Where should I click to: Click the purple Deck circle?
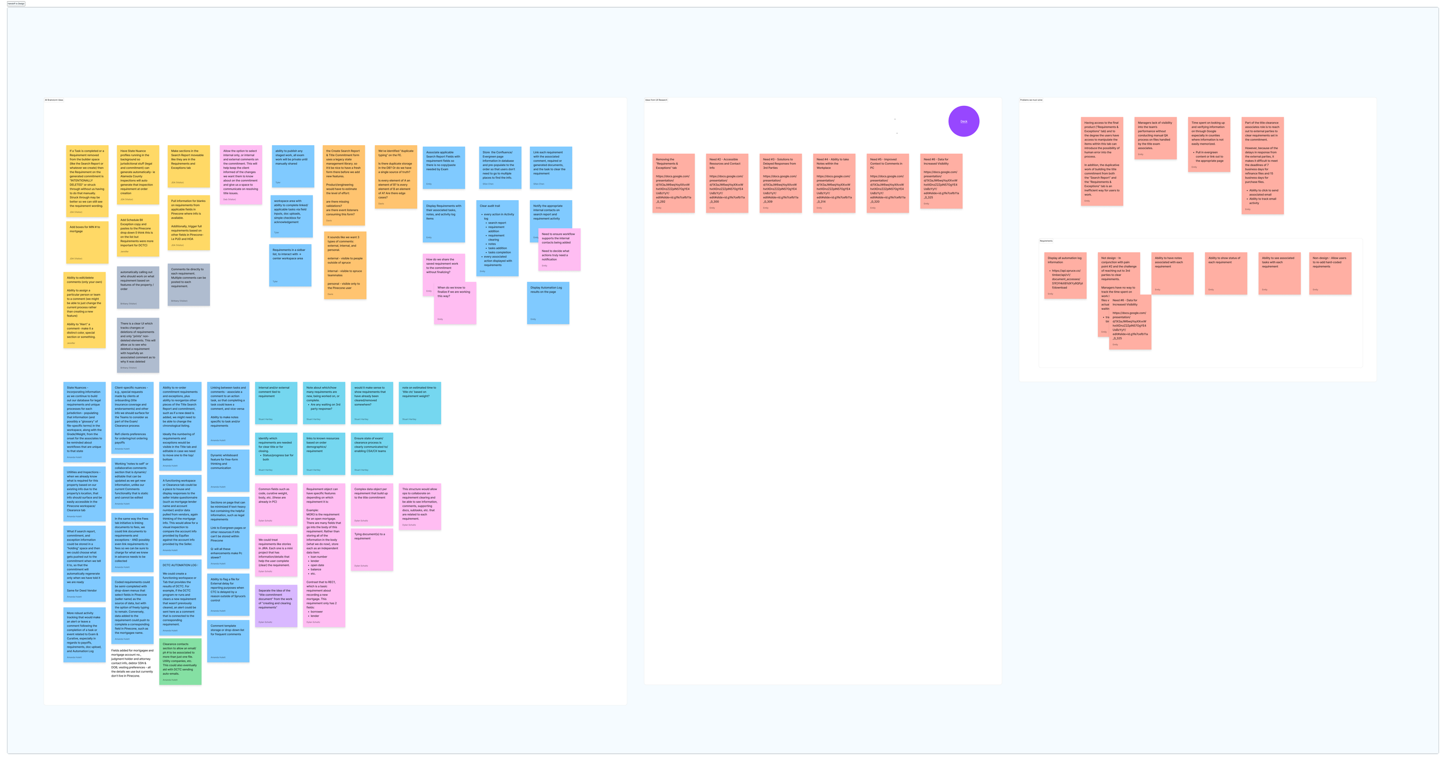[x=964, y=121]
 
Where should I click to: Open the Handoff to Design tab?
[x=16, y=3]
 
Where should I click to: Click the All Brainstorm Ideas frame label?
[x=54, y=100]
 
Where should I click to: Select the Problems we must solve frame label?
[x=1031, y=100]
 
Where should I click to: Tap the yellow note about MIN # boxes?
[x=87, y=242]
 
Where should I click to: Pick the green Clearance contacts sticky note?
[x=180, y=662]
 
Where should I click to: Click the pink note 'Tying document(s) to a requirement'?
[x=372, y=549]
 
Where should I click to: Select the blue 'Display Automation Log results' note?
[x=548, y=303]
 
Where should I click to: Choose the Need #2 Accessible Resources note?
[x=727, y=183]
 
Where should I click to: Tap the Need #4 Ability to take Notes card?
[x=834, y=183]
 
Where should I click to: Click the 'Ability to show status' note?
[x=1226, y=274]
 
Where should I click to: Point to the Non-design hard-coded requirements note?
[x=1330, y=274]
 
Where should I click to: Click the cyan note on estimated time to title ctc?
[x=420, y=403]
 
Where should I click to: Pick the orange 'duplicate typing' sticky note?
[x=396, y=177]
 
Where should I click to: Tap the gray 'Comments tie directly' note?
[x=189, y=285]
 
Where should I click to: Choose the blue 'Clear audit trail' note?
[x=497, y=238]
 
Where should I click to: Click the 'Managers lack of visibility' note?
[x=1156, y=138]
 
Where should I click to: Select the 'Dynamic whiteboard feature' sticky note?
[x=228, y=470]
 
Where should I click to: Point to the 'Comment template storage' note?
[x=228, y=641]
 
